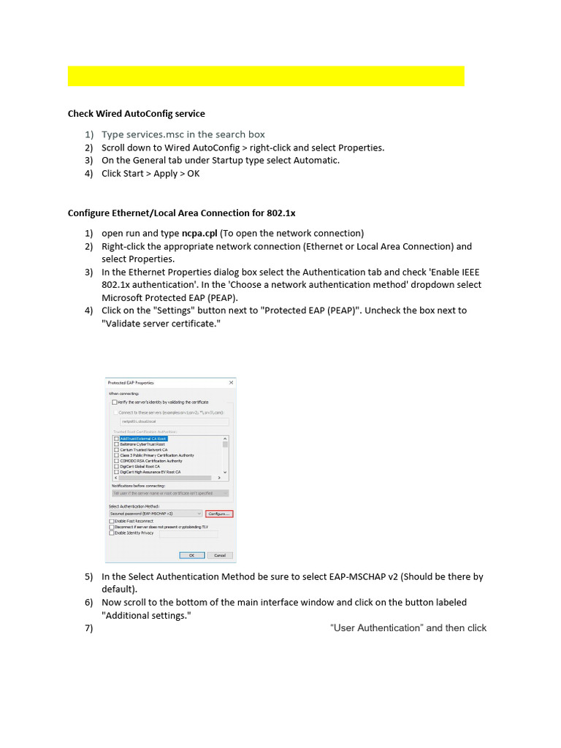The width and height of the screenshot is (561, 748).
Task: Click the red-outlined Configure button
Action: click(219, 514)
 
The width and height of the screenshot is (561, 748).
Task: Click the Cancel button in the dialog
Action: click(219, 555)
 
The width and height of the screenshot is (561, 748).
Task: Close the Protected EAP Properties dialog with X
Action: click(232, 383)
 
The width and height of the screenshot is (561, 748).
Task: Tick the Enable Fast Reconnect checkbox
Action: click(112, 521)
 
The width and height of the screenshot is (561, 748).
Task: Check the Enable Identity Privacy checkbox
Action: click(112, 533)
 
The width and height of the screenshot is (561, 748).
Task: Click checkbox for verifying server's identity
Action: click(114, 402)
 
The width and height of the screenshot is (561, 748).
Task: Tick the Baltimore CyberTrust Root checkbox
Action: click(115, 444)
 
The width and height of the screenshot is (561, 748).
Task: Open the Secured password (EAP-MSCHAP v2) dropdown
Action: click(199, 514)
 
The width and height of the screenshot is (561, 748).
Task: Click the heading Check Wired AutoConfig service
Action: click(136, 113)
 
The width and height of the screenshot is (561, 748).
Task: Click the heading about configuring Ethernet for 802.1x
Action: click(181, 213)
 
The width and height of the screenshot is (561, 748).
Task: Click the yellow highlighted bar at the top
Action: click(266, 76)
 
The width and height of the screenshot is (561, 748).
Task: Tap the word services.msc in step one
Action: click(155, 134)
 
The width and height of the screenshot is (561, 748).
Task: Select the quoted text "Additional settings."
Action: click(146, 615)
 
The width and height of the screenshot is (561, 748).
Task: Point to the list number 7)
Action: click(88, 628)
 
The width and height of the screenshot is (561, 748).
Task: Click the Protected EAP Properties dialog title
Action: click(131, 383)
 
